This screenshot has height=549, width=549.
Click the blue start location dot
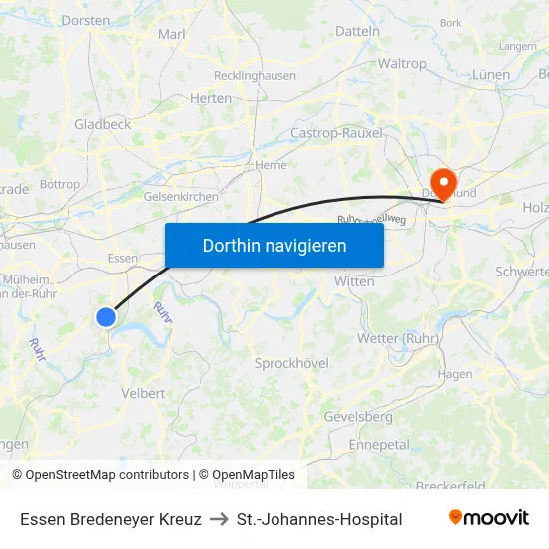click(106, 317)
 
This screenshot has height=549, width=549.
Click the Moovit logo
click(488, 518)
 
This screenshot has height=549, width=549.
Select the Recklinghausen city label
click(255, 75)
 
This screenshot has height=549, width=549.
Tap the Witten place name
click(354, 281)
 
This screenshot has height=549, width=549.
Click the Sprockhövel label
click(291, 363)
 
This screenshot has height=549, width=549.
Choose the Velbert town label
click(143, 393)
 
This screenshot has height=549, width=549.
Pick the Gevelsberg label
click(358, 416)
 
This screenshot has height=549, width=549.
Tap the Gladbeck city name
click(102, 124)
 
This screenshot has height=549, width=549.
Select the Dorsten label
click(85, 20)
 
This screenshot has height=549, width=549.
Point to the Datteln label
click(358, 31)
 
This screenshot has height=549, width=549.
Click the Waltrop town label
click(402, 63)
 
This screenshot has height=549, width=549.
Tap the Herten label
click(210, 98)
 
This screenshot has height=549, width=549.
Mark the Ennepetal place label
click(379, 444)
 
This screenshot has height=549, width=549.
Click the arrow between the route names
click(219, 519)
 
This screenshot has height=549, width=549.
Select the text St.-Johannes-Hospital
click(319, 519)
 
